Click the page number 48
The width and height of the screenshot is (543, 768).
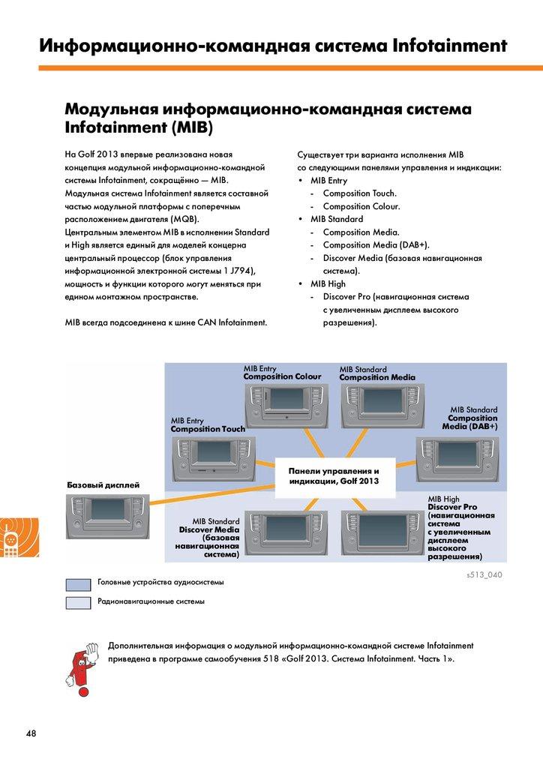click(x=31, y=733)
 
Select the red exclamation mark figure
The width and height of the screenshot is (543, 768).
click(x=79, y=658)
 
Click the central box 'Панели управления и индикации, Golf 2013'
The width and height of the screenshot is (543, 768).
click(x=334, y=476)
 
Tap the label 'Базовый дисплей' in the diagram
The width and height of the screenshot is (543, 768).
click(x=103, y=484)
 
